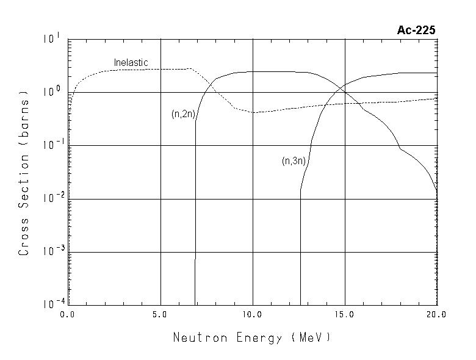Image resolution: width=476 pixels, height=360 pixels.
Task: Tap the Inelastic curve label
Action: [131, 63]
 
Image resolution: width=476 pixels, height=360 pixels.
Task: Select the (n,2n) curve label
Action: [182, 114]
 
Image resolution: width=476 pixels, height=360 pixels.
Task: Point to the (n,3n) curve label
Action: [293, 161]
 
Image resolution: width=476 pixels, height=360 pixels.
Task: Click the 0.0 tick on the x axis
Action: [67, 315]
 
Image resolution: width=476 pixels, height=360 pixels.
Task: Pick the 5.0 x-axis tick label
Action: [160, 315]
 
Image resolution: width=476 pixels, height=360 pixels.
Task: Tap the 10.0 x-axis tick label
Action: [252, 315]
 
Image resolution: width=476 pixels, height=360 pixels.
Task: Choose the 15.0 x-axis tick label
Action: [345, 315]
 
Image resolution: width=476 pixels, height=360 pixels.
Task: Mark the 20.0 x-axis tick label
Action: [436, 315]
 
